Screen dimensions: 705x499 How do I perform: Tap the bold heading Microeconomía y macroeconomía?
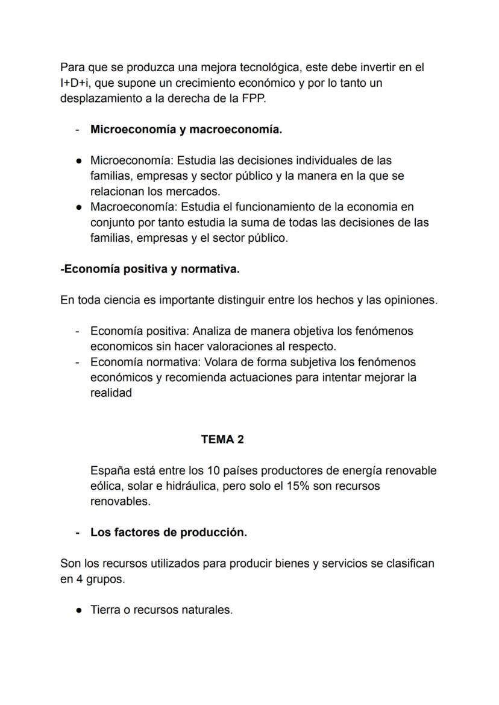186,130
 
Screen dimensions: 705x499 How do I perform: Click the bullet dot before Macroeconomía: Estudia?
80,207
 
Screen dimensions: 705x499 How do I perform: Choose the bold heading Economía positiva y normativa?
150,270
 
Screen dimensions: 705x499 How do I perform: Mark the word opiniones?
406,300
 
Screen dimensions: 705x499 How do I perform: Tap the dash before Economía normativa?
78,362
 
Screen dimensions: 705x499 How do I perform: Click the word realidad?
111,393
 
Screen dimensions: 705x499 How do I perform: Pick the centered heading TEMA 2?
222,440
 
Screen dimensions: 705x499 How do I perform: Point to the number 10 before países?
213,470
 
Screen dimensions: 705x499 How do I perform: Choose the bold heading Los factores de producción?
169,533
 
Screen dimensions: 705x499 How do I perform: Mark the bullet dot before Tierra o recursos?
80,610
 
